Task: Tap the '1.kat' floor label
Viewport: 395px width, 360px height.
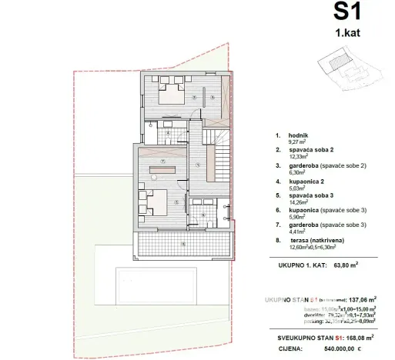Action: [x=347, y=35]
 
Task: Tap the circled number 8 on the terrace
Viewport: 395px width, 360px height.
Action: [x=182, y=244]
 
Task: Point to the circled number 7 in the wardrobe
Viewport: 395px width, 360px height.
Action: [x=163, y=160]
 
